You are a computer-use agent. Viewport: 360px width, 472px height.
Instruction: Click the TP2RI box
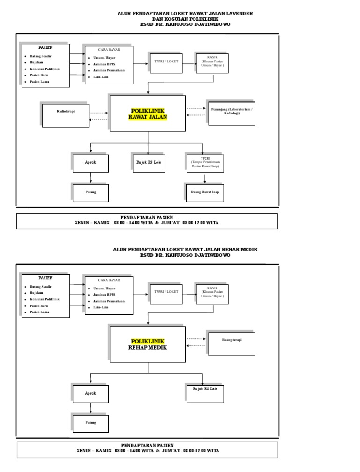tap(205, 163)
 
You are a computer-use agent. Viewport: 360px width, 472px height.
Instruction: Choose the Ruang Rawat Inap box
tap(205, 192)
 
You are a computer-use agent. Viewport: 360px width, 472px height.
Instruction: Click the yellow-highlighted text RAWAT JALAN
tap(148, 117)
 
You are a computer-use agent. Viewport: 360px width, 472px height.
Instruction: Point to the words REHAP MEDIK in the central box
tap(148, 348)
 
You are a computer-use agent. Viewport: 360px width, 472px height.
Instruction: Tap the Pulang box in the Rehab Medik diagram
tap(90, 422)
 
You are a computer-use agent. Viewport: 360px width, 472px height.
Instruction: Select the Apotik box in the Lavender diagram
tap(90, 163)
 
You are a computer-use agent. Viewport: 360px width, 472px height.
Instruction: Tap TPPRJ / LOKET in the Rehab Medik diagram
tap(166, 291)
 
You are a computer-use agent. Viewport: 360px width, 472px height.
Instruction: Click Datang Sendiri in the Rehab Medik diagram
tap(41, 286)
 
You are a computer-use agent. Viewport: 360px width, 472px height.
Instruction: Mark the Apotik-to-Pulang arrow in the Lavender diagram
tap(90, 178)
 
